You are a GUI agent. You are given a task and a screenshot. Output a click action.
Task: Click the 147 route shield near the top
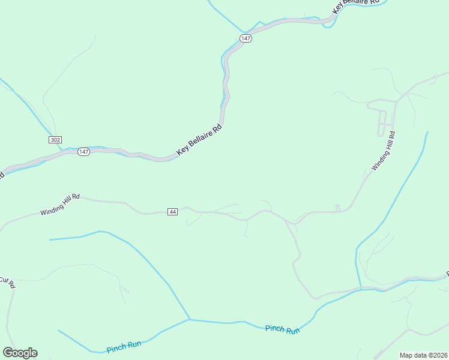click(246, 38)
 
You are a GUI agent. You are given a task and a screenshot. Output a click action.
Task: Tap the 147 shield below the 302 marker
click(83, 152)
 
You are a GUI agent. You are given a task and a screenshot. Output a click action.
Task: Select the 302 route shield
click(55, 139)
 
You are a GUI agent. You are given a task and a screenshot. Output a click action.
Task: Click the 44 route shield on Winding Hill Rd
click(173, 212)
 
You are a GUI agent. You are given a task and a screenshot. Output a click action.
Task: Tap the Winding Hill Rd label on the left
click(60, 205)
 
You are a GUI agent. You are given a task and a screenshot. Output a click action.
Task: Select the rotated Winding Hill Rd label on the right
click(383, 152)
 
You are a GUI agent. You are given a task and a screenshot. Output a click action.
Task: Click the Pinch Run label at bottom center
click(282, 329)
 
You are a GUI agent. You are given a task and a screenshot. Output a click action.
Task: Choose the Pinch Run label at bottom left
click(124, 346)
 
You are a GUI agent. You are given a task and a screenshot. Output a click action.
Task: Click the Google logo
click(20, 353)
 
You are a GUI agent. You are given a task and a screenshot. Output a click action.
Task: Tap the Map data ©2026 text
click(424, 355)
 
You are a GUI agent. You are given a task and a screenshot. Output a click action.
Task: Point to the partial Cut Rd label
click(7, 281)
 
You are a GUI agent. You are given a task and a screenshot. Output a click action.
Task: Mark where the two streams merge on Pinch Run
click(190, 319)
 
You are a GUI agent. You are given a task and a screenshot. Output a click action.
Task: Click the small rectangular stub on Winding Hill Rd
click(337, 208)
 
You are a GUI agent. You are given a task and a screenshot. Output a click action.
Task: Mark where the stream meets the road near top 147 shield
click(244, 32)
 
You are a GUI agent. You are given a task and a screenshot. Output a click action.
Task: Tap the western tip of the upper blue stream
click(50, 239)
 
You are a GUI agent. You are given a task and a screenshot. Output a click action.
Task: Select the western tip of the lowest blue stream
click(58, 330)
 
